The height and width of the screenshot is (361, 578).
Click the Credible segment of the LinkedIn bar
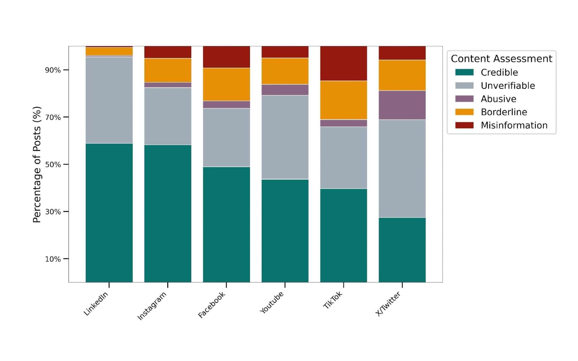coord(109,213)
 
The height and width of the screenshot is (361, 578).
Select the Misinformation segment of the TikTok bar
coord(343,63)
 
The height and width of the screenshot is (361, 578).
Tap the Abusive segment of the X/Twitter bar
coord(402,105)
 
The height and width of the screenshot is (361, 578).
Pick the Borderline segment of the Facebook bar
coord(226,84)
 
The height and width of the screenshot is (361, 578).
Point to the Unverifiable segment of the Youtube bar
coord(285,137)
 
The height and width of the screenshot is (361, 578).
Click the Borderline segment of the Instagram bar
coord(168,70)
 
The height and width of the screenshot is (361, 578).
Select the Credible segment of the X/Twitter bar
coord(402,250)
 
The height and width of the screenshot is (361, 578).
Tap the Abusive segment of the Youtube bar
coord(285,90)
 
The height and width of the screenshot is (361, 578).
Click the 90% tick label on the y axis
coord(53,70)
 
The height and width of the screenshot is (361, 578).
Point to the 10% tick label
coord(53,259)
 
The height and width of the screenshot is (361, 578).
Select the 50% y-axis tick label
coord(53,165)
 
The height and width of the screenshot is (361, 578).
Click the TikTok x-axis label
coord(333,300)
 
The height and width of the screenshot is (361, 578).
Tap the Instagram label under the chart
coord(152,306)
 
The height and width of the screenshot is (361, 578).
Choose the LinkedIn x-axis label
coord(96,304)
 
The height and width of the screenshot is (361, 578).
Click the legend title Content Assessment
coord(501,59)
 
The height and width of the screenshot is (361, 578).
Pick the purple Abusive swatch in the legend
coord(464,99)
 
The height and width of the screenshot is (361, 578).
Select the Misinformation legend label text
coord(514,125)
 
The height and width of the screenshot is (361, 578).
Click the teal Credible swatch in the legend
coord(464,72)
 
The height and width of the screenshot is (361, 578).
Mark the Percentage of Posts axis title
coord(37,165)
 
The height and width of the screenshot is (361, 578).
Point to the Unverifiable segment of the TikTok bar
coord(343,158)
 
